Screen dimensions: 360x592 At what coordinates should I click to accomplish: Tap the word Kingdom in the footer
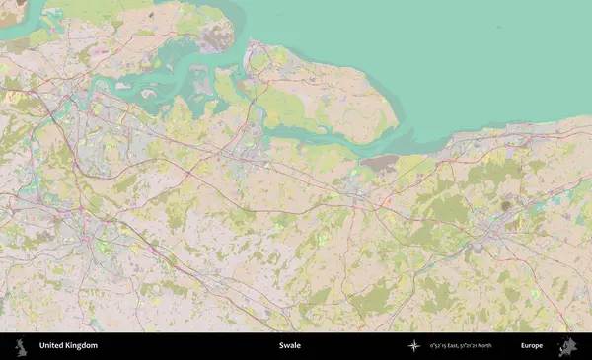81,346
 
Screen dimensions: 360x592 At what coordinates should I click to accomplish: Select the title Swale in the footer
290,346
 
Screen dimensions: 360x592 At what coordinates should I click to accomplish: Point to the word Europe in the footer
532,346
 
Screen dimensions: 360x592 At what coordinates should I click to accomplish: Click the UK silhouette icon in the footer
19,346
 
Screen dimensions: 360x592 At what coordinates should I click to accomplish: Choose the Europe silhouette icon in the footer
567,346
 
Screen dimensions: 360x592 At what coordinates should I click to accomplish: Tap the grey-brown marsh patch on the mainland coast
380,162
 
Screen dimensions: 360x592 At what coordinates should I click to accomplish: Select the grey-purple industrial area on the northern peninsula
212,37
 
